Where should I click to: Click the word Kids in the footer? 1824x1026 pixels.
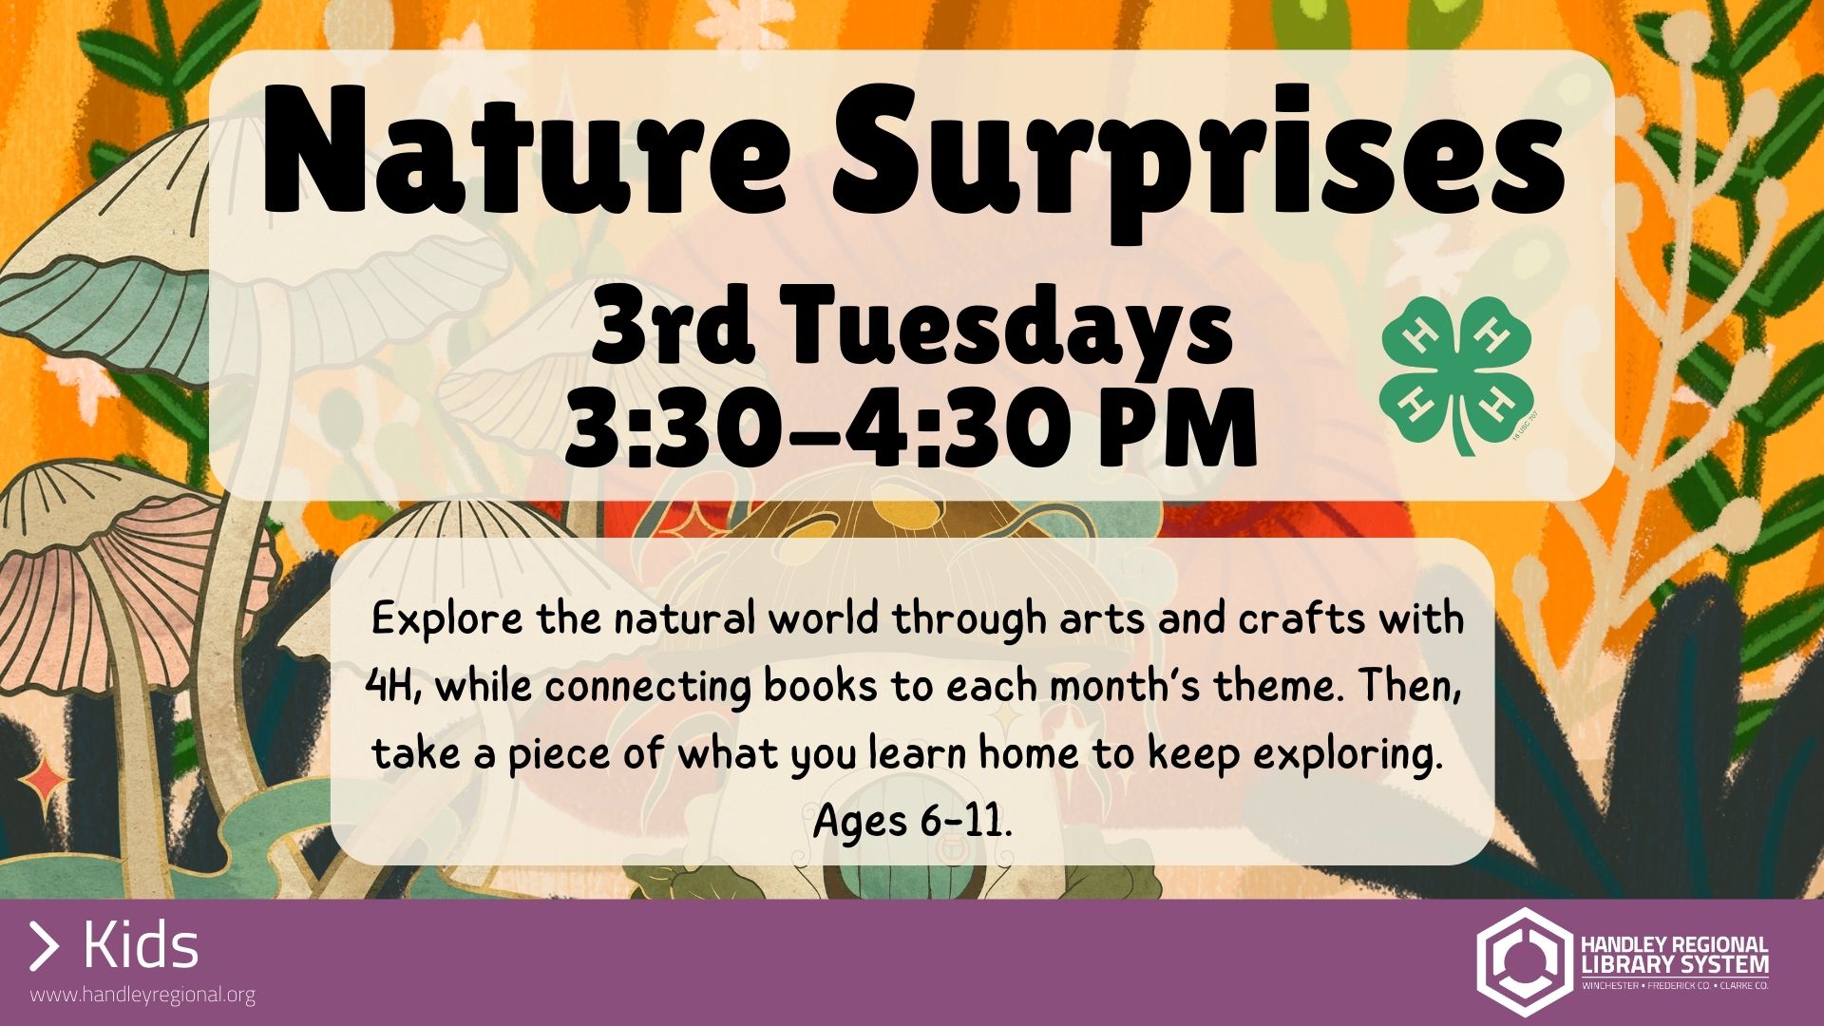(141, 946)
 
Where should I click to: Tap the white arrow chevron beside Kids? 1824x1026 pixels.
(44, 946)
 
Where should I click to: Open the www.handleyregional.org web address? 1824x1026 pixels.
(142, 995)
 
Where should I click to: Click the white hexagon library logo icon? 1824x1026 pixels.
(1522, 961)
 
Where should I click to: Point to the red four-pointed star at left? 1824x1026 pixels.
(44, 783)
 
